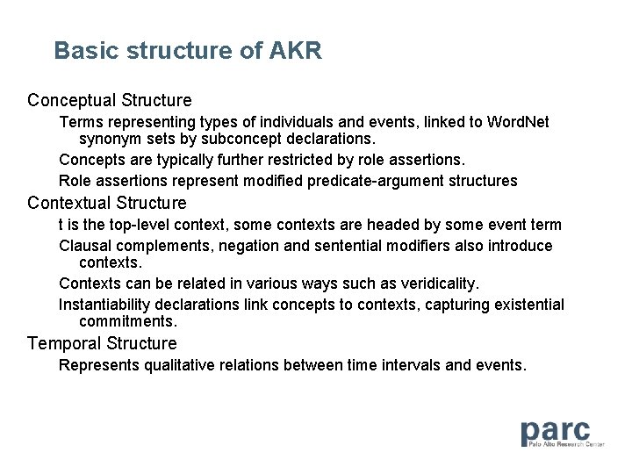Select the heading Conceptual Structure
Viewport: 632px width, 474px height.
[110, 100]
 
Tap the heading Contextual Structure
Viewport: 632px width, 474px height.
[107, 203]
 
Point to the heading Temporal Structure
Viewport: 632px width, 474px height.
[102, 343]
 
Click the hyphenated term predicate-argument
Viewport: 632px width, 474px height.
[379, 181]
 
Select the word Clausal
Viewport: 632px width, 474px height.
[86, 246]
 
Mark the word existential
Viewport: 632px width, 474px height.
[525, 305]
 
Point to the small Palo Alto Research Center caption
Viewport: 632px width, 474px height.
[567, 445]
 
